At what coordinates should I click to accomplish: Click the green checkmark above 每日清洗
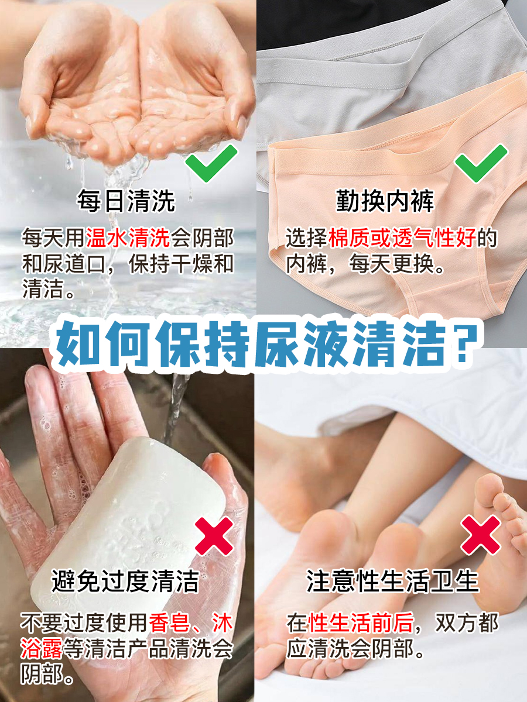tap(211, 162)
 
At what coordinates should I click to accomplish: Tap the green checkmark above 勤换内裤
tap(481, 162)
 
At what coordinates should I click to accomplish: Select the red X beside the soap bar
tap(214, 535)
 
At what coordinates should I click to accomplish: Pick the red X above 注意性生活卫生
tap(481, 535)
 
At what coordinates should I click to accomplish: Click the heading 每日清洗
tap(126, 201)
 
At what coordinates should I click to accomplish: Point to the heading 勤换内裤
tap(385, 201)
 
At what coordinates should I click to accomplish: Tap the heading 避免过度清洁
tap(125, 581)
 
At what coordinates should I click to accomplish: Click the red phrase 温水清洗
tap(128, 238)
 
